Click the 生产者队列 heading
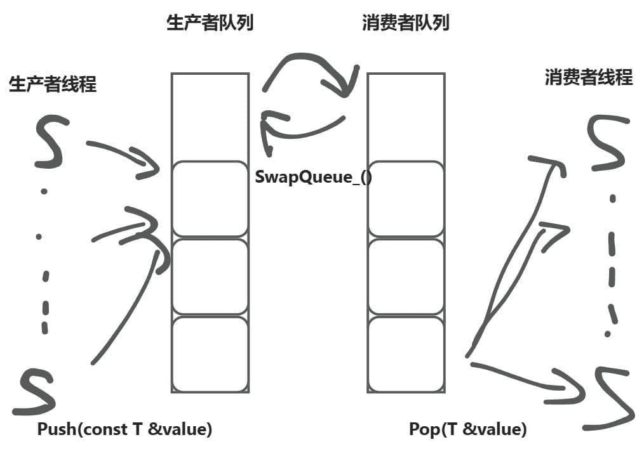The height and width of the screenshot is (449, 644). pos(210,23)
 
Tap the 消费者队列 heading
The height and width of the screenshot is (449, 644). pos(405,23)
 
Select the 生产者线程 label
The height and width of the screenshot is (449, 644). pos(53,84)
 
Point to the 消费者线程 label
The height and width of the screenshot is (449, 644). pos(589,77)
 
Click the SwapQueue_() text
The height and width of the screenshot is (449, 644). pos(313,176)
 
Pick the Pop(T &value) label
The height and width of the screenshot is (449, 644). pos(467,429)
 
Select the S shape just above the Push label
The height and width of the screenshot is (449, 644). pos(38,391)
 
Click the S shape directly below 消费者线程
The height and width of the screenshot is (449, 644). pos(607,143)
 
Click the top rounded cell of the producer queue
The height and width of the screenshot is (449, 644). pos(210,199)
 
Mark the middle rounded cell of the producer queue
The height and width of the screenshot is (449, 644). pos(210,277)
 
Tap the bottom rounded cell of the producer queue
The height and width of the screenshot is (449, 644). pos(210,353)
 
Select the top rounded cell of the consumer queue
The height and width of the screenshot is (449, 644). pos(405,199)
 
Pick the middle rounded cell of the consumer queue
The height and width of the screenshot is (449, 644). pos(405,277)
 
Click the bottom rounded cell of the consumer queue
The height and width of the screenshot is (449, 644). pos(405,353)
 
